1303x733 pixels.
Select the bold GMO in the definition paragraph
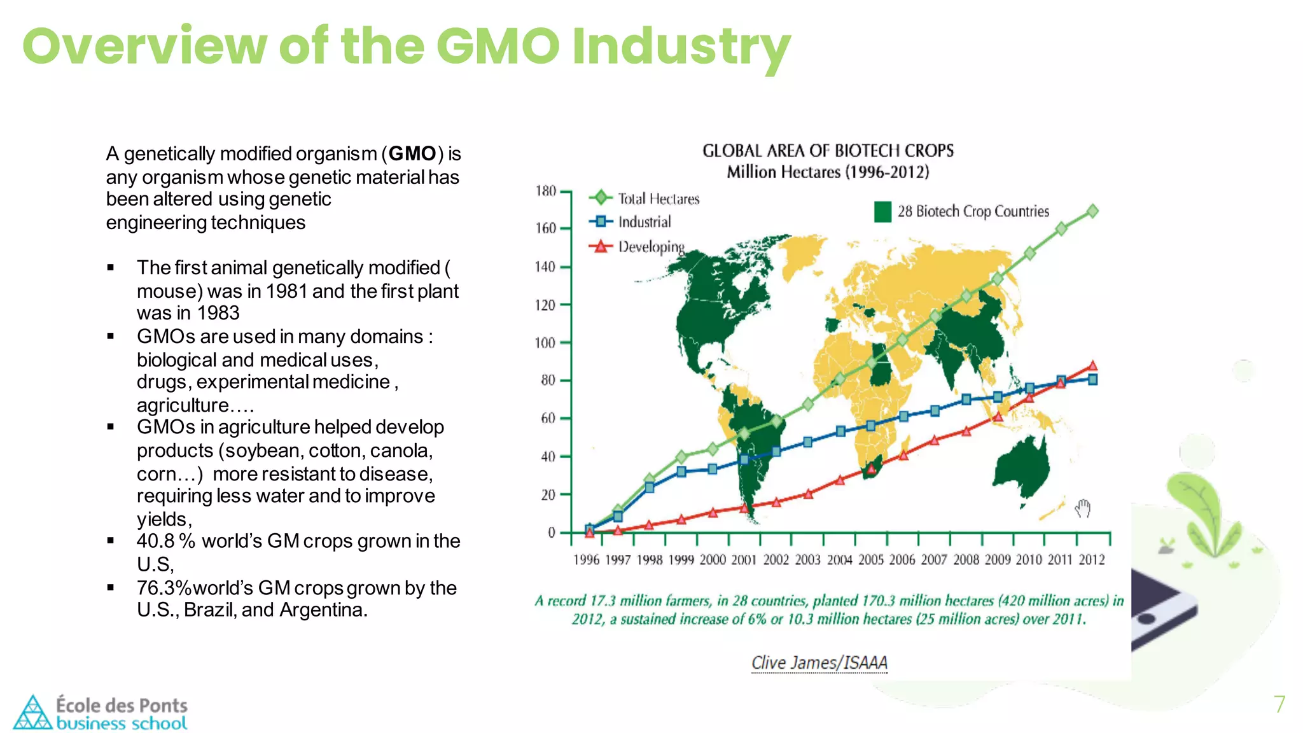click(x=412, y=154)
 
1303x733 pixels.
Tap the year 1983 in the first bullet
click(x=218, y=313)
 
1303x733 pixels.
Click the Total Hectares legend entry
click(x=658, y=199)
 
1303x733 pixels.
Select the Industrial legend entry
click(x=644, y=222)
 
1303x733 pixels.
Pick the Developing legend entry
click(x=650, y=247)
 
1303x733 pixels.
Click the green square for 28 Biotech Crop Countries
click(x=882, y=211)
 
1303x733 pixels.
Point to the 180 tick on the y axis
click(x=545, y=191)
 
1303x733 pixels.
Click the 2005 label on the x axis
click(x=870, y=560)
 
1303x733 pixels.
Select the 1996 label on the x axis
click(x=586, y=560)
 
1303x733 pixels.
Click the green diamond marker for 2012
click(x=1092, y=211)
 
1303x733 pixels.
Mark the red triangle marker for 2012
click(x=1092, y=366)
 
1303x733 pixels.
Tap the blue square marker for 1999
click(x=681, y=471)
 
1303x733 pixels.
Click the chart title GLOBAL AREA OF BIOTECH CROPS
click(x=828, y=151)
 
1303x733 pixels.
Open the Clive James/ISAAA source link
click(x=819, y=663)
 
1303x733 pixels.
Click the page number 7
click(x=1279, y=704)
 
